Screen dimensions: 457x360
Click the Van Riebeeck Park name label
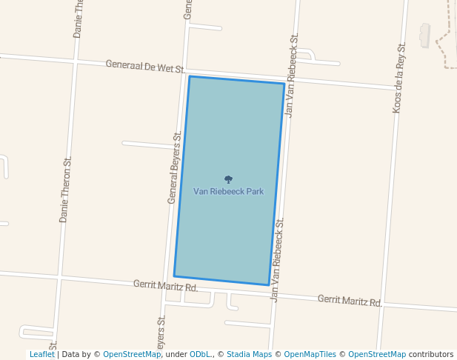point(228,191)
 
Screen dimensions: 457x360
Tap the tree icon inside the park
point(228,179)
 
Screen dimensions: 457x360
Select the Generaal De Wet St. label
point(144,66)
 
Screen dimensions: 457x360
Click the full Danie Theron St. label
point(65,190)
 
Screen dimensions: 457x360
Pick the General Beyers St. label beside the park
point(174,168)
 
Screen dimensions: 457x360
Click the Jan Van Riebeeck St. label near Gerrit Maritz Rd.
point(278,260)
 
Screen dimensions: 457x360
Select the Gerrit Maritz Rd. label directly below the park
point(166,285)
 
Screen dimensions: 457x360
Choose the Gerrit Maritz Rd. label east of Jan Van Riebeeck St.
point(350,300)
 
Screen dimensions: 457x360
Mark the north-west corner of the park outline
point(190,76)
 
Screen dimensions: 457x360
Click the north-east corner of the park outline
point(284,84)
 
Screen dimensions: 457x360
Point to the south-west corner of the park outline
point(174,276)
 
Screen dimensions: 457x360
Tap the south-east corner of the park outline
point(268,284)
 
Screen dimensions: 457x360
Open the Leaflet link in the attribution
point(41,355)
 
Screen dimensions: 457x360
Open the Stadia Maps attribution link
point(249,355)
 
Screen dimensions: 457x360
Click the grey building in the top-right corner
point(424,34)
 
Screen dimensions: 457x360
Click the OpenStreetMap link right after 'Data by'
point(132,355)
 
